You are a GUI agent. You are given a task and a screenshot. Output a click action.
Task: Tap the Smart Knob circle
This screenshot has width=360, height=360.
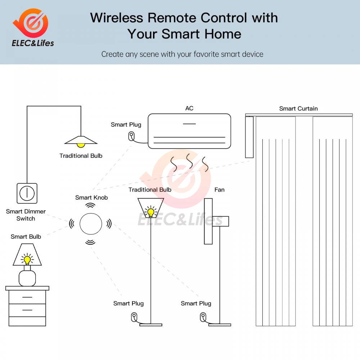(91, 224)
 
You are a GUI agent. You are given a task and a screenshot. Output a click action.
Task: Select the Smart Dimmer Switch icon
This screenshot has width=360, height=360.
(27, 193)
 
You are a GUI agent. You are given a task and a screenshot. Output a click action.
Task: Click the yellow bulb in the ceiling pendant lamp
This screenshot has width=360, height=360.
(81, 144)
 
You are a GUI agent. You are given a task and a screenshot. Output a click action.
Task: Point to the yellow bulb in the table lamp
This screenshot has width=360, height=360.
(27, 260)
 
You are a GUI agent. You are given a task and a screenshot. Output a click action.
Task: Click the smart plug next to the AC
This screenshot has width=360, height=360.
(131, 136)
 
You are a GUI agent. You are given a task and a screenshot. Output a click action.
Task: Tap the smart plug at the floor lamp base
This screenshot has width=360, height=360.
(134, 317)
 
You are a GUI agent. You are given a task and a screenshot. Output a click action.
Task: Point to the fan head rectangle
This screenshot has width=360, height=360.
(208, 221)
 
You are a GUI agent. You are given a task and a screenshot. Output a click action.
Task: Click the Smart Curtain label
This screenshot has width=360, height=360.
(298, 108)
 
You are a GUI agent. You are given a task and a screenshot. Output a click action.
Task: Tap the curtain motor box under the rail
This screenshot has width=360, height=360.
(249, 137)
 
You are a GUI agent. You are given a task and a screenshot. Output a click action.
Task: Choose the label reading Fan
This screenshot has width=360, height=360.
(219, 190)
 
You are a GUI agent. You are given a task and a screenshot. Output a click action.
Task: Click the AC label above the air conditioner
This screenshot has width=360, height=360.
(189, 108)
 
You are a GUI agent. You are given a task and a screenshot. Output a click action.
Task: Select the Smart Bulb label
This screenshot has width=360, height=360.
(26, 237)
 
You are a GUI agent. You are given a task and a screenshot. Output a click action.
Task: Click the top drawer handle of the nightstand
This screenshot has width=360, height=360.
(27, 297)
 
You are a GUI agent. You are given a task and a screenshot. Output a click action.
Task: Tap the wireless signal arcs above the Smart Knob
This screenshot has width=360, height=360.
(91, 205)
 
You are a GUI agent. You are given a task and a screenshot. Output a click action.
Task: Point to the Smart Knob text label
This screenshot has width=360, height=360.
(91, 197)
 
